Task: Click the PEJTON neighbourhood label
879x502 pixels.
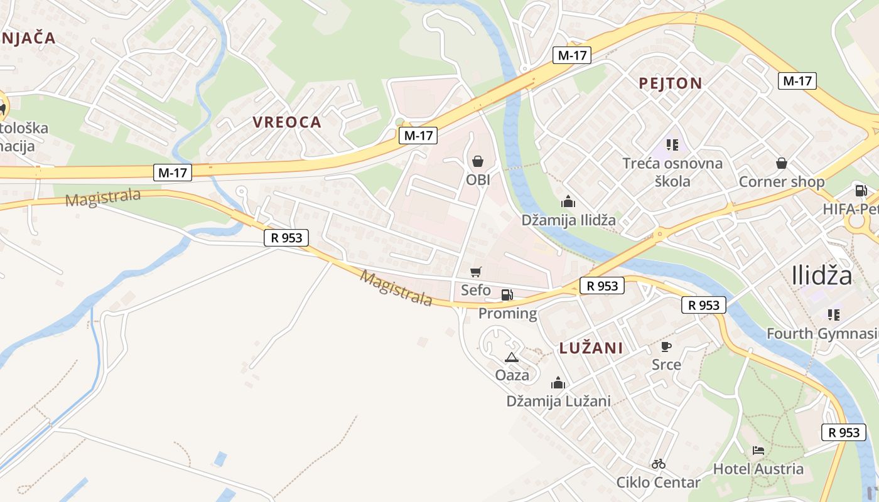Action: pos(670,83)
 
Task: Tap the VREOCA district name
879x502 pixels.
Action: pos(287,122)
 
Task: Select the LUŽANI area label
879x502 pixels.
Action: pos(591,348)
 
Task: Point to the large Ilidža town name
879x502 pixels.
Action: pos(822,275)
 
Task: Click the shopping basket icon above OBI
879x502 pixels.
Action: pos(478,162)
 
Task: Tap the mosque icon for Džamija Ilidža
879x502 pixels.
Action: pos(568,201)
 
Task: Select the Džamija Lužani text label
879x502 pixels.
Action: pos(558,401)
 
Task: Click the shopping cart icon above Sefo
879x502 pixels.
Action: pos(476,272)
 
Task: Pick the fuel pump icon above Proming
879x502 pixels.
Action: pos(507,295)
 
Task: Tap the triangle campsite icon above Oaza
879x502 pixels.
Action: pos(512,358)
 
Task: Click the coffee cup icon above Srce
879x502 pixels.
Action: pos(666,346)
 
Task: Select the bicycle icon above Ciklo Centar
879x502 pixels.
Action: pos(658,464)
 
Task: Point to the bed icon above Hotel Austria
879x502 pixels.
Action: pos(758,451)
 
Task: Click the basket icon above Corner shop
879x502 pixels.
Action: pos(782,163)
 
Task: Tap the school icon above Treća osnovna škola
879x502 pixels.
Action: pos(672,145)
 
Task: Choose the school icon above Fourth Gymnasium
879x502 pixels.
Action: pos(834,314)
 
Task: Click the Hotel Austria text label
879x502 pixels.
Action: pos(758,469)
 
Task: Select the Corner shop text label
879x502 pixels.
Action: pos(782,182)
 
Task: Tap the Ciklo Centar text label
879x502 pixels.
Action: pos(658,483)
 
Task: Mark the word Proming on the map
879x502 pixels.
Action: pos(508,314)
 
